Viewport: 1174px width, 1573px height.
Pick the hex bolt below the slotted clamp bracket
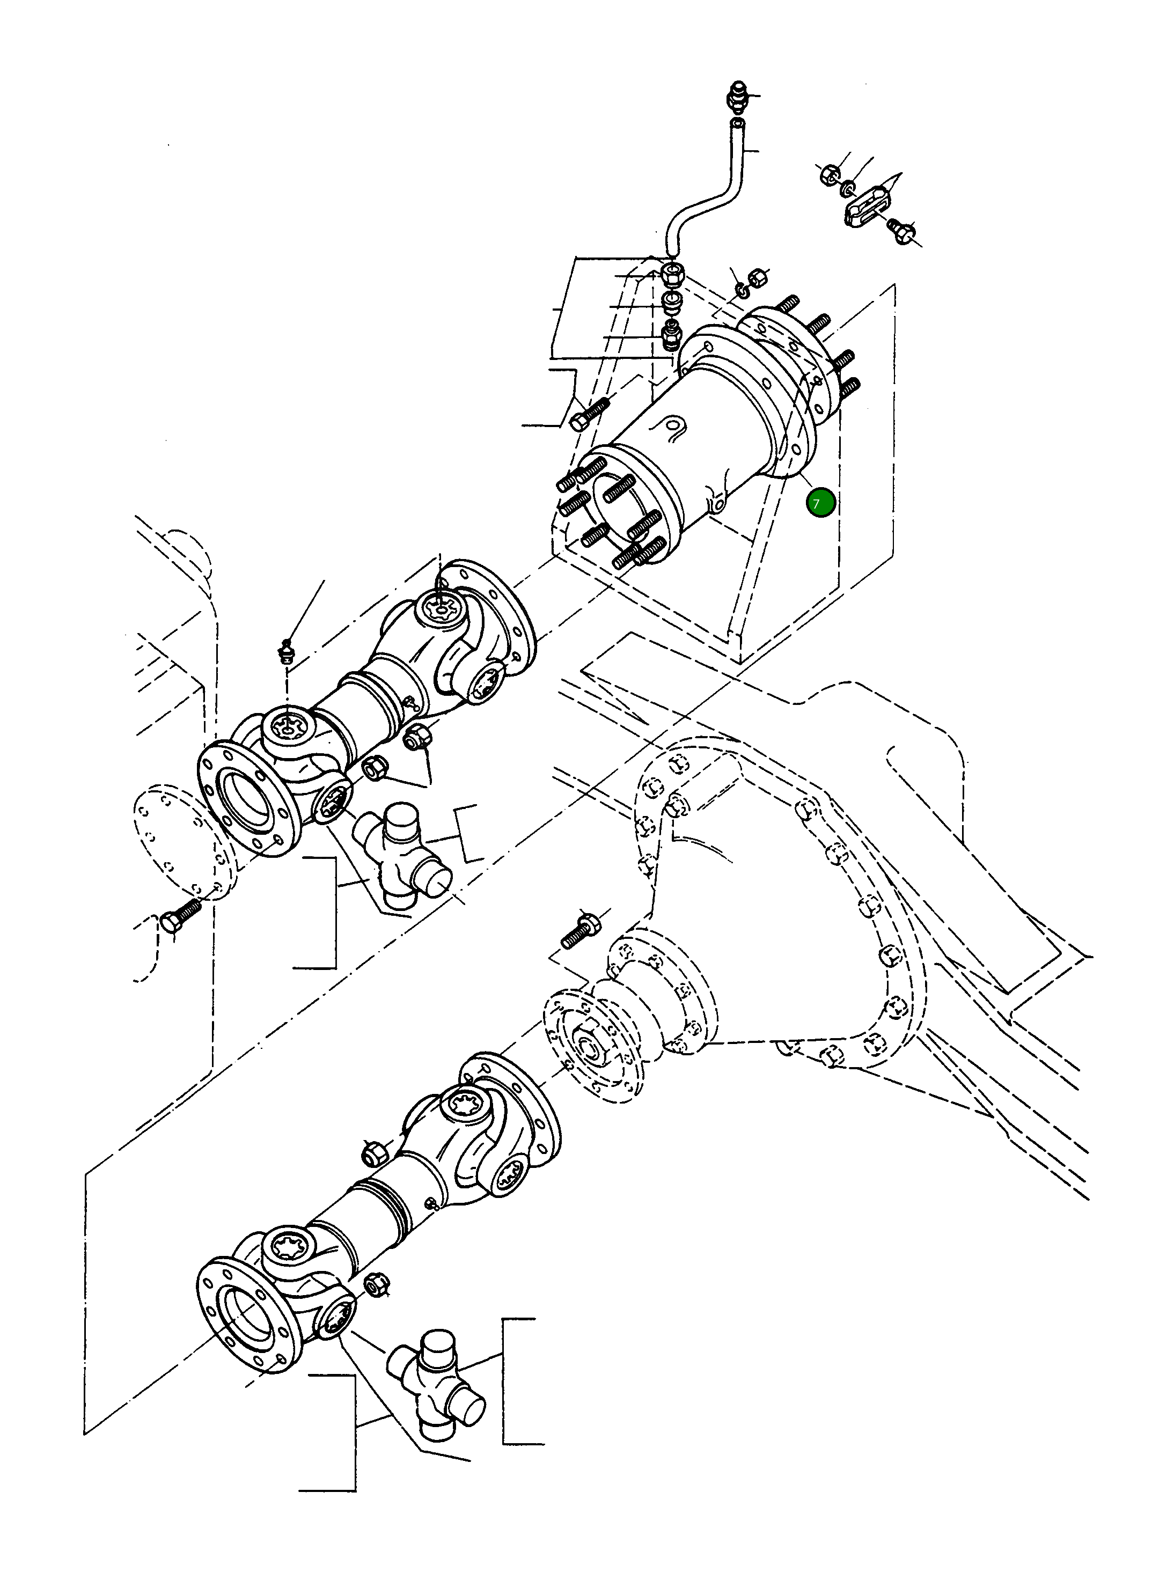click(x=900, y=231)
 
